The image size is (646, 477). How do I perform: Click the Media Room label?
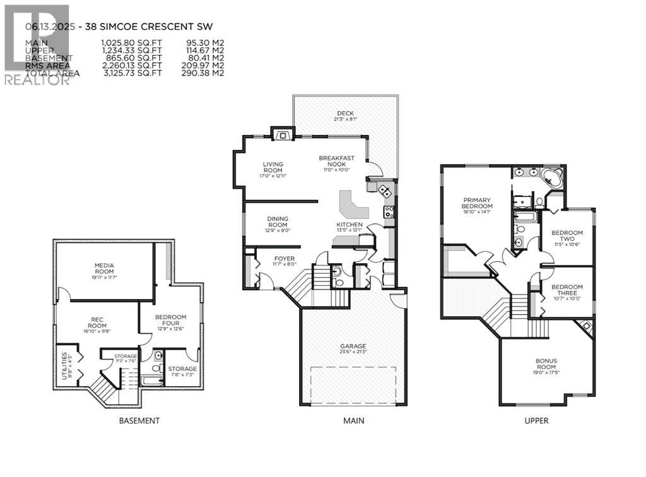click(x=104, y=268)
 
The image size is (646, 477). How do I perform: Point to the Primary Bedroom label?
click(x=476, y=203)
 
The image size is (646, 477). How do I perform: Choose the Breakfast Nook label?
click(x=336, y=161)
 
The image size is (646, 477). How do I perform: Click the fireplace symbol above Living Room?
click(x=282, y=134)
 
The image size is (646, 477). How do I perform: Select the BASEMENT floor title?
click(x=139, y=421)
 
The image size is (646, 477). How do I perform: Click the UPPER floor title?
click(x=536, y=421)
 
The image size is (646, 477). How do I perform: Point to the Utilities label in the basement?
click(x=61, y=363)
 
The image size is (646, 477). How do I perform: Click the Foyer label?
click(x=283, y=258)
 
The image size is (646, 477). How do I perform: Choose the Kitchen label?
click(x=349, y=225)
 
